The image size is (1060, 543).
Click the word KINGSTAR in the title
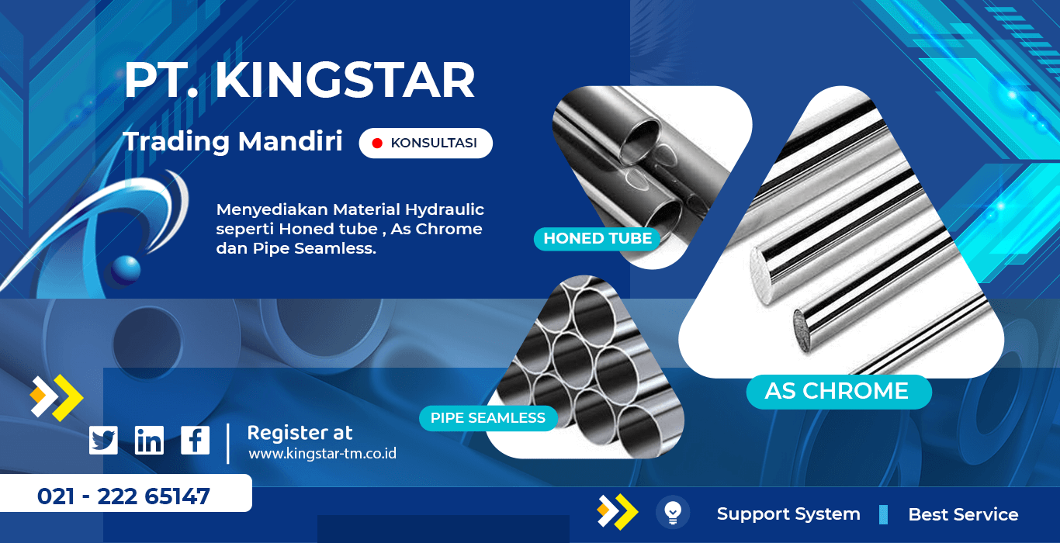coord(345,81)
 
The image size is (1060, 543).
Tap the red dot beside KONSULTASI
coord(377,143)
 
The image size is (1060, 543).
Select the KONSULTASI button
coord(426,143)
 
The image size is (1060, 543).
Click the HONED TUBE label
coord(598,238)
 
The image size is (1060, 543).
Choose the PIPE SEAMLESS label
coord(488,418)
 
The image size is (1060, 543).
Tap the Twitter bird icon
coord(103,440)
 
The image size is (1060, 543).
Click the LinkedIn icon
coord(149,440)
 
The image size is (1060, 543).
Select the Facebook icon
coord(195,440)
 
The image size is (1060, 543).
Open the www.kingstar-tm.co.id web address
coord(322,454)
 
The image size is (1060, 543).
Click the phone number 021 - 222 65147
coord(123,496)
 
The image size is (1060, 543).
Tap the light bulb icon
coord(673,512)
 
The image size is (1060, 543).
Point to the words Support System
coord(788,514)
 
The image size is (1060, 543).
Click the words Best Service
coord(963,514)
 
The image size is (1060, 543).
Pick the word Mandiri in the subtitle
coord(290,141)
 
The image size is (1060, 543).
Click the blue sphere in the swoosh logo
coord(126,271)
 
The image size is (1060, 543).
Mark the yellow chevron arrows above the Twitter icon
coord(57,398)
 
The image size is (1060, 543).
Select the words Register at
coord(300,433)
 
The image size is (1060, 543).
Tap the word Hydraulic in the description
coord(445,210)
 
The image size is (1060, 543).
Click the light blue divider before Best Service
coord(883,514)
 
